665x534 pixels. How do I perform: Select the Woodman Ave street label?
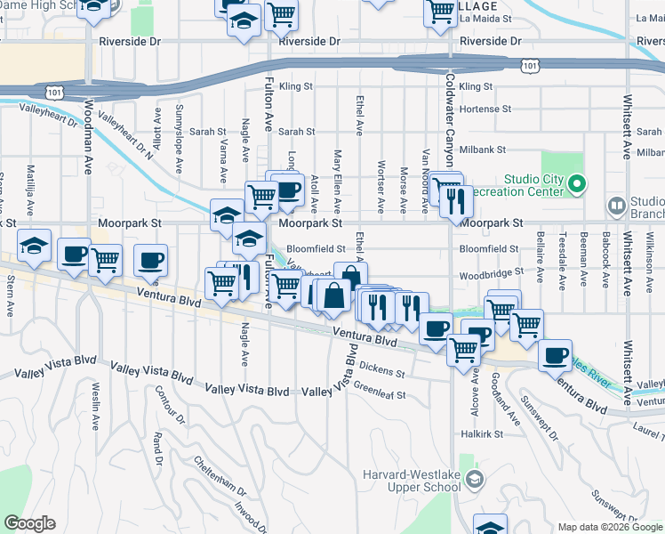[x=88, y=137]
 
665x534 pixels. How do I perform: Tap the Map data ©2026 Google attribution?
[x=609, y=527]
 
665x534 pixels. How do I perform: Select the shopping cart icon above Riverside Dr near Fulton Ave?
[x=281, y=13]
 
